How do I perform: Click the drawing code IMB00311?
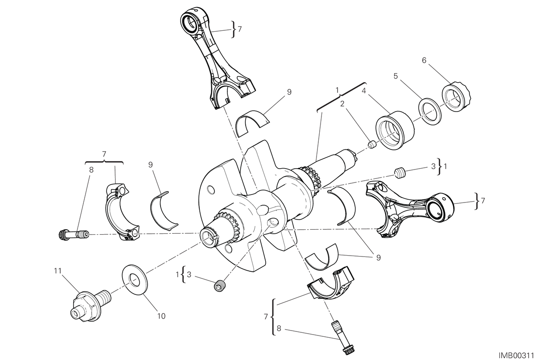coord(516,355)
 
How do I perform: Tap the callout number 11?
coord(58,271)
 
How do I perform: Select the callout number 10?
coord(161,316)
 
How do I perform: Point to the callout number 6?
coord(424,60)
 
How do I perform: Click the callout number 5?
coord(396,76)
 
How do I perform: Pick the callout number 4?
coord(364,91)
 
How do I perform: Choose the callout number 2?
coord(342,103)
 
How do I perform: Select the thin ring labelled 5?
coord(430,111)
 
